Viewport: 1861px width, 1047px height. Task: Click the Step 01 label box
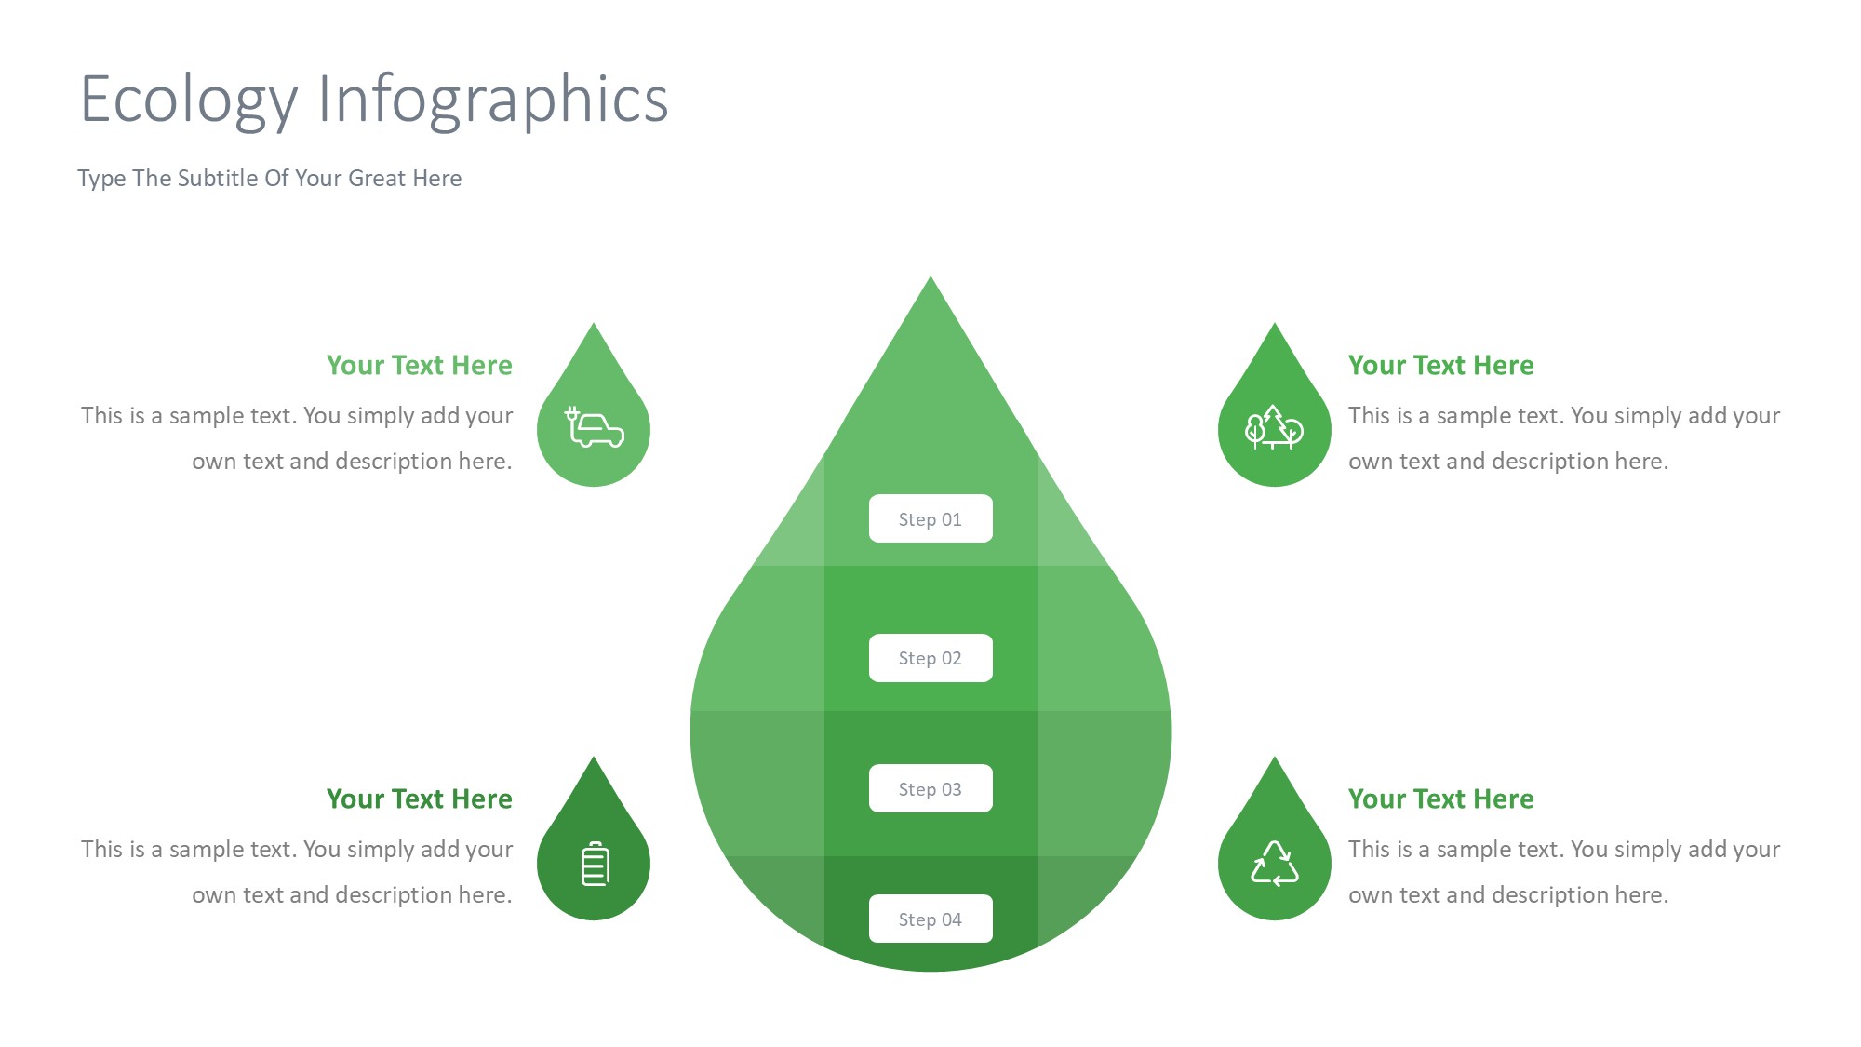(930, 518)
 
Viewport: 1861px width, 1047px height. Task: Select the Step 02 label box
(930, 658)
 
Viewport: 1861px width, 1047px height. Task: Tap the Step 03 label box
(930, 788)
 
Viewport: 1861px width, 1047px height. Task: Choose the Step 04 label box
(930, 919)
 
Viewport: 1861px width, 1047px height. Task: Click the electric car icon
(595, 427)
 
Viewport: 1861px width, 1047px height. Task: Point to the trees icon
(1274, 428)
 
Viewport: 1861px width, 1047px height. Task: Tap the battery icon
(596, 864)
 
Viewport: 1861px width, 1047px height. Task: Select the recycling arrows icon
(1275, 864)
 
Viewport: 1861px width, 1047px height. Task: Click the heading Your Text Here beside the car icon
(419, 365)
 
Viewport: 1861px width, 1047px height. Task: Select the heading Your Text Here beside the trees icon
(1441, 365)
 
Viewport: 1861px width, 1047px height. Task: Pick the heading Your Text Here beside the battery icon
(419, 799)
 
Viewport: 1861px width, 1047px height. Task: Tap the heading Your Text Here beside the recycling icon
(1441, 799)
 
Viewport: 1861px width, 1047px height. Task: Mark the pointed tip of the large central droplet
(930, 276)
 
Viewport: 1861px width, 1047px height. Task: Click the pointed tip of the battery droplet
(594, 757)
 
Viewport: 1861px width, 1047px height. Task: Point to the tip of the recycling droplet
(1275, 757)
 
